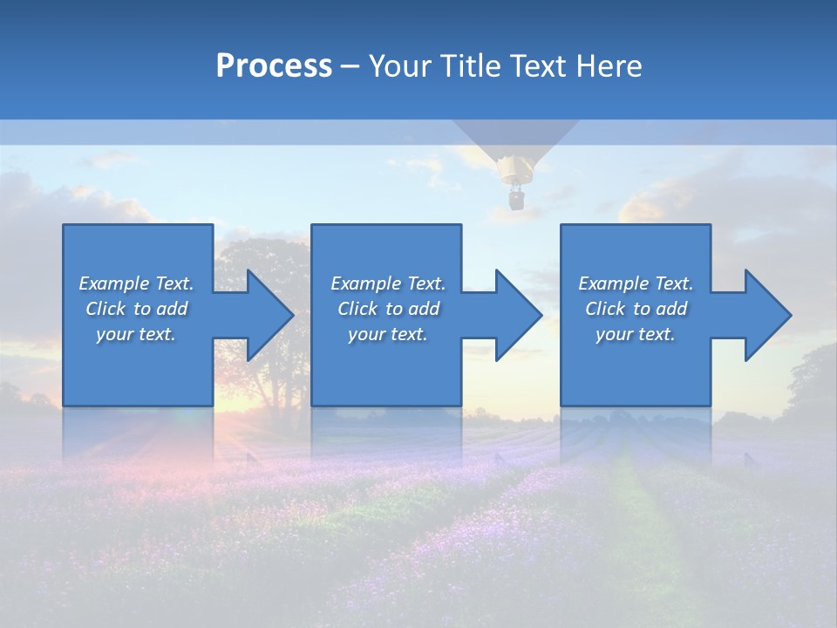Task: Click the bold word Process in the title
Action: coord(273,66)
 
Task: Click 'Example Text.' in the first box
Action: coord(136,283)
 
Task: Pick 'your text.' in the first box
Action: coord(136,334)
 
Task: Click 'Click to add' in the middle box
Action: coord(388,309)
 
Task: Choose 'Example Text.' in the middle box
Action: coord(388,283)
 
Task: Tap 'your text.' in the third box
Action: coord(636,334)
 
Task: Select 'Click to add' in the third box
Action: coord(636,309)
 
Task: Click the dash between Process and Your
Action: coord(350,66)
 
